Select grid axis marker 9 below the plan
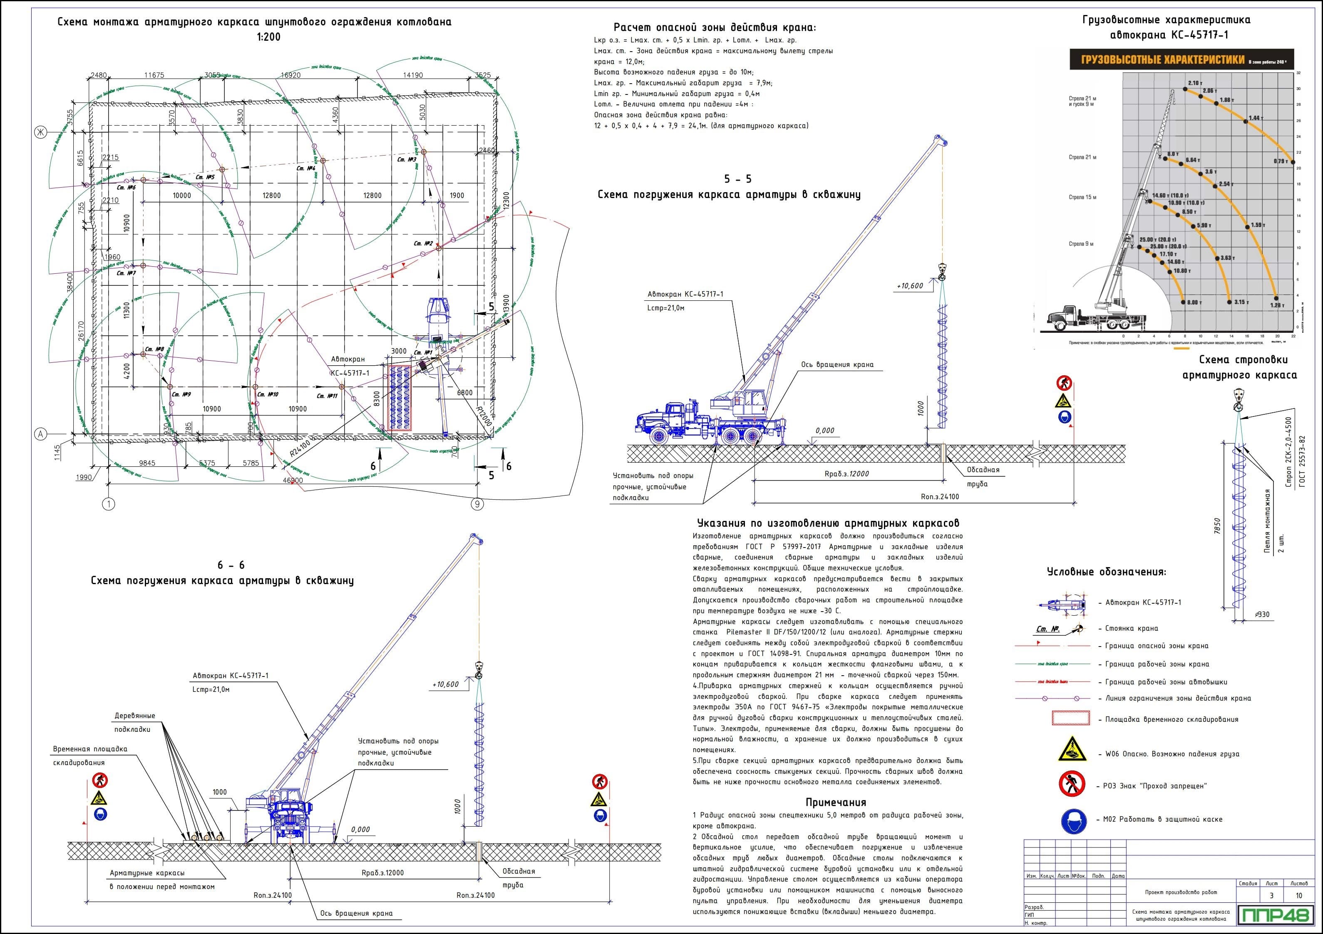click(x=477, y=504)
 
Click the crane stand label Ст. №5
click(x=205, y=177)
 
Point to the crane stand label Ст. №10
click(x=268, y=395)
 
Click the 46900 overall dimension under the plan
click(x=293, y=480)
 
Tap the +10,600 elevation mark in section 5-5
click(x=909, y=286)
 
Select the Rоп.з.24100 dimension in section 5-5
click(x=940, y=497)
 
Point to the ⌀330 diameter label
click(x=1258, y=615)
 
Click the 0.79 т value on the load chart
click(x=1281, y=161)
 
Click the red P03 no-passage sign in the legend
click(x=1072, y=784)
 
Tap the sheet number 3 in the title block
click(x=1272, y=895)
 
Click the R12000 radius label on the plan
click(x=484, y=415)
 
